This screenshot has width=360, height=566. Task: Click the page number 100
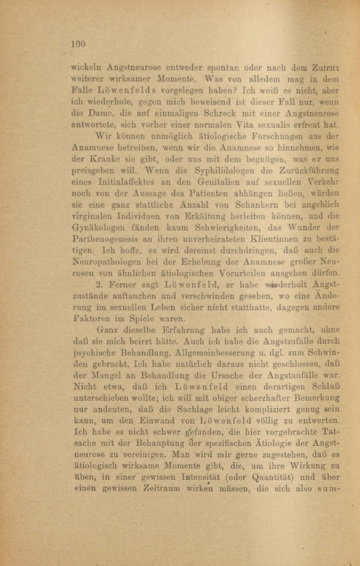pos(78,43)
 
